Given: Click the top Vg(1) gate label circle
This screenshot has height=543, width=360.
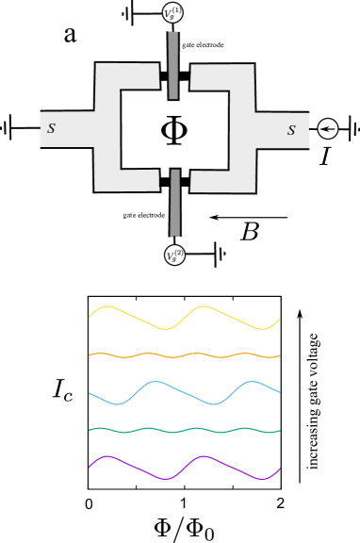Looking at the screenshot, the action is [x=173, y=13].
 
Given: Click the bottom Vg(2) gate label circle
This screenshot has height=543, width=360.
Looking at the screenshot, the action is [x=174, y=255].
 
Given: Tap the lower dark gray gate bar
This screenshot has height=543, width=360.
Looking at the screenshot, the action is [x=175, y=203].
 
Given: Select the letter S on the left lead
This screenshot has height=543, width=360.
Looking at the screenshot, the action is [x=51, y=128].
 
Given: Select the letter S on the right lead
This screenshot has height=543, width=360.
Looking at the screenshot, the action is [x=291, y=130].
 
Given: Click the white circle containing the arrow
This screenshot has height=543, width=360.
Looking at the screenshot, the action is [x=328, y=128].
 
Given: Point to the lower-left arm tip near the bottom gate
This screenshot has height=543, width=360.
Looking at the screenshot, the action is [x=151, y=179].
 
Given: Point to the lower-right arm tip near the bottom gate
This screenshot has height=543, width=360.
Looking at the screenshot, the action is [x=199, y=180].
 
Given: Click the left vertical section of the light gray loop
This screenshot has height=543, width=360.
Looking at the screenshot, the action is [x=107, y=128].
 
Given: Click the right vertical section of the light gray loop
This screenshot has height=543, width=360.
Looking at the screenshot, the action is [x=242, y=129].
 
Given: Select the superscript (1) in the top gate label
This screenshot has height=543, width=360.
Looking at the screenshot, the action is [x=177, y=9].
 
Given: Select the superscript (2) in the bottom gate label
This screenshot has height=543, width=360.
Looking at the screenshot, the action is [x=178, y=251].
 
